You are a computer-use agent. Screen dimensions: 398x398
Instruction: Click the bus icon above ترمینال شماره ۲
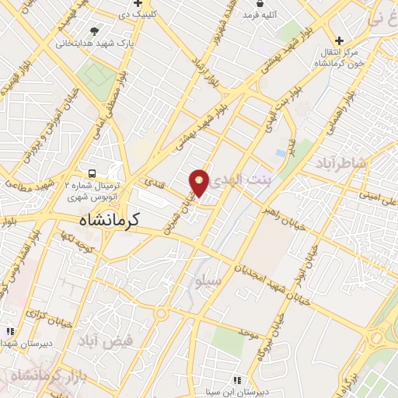93,173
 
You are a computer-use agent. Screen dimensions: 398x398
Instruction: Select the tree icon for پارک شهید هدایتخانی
95,31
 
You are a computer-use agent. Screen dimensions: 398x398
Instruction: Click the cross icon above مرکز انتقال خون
339,40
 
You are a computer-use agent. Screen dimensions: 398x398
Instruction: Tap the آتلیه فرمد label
260,15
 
